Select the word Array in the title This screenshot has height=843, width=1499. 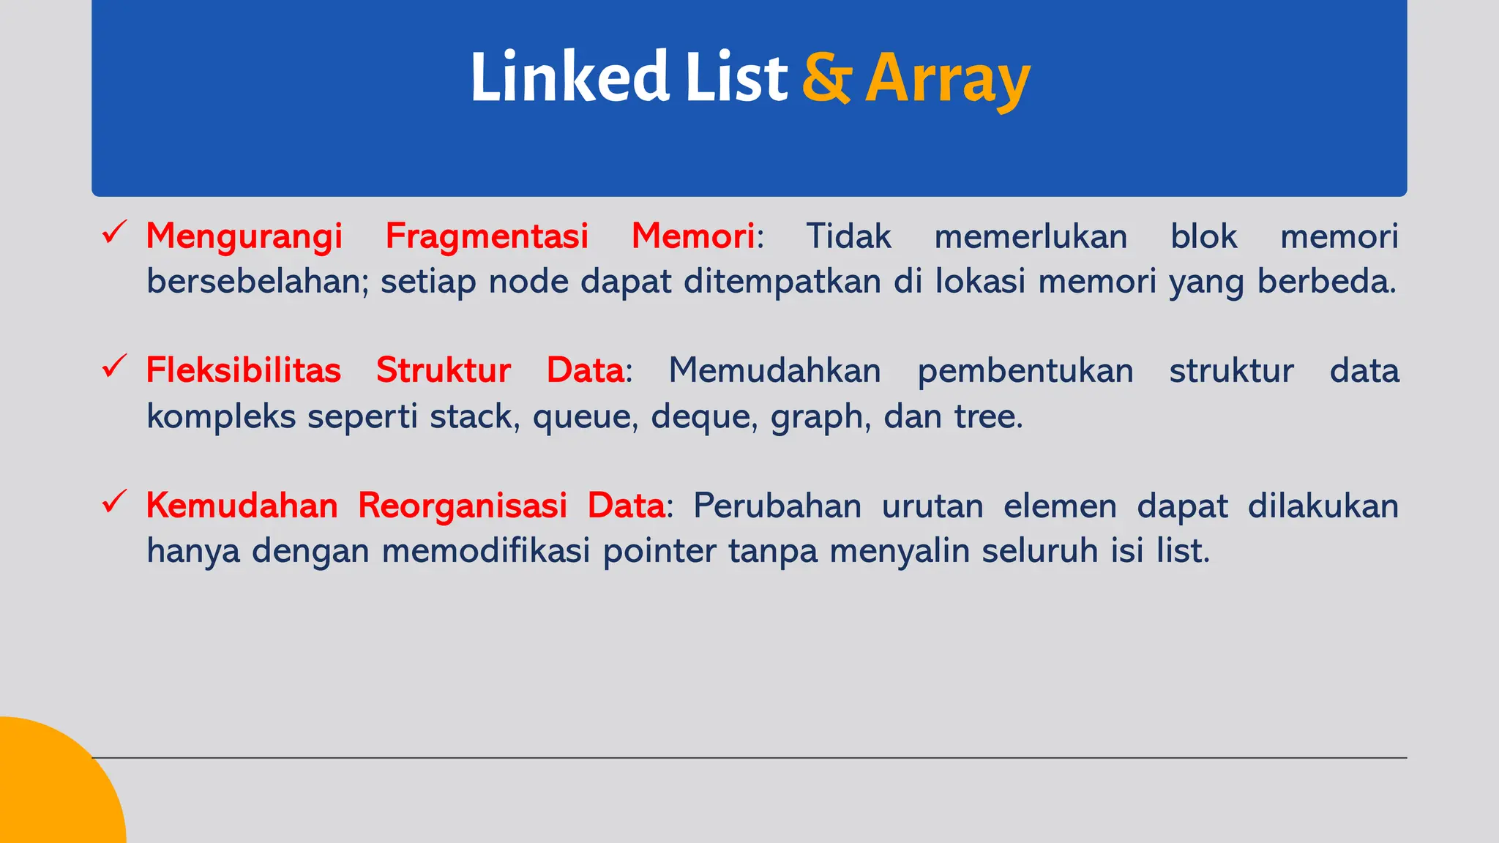click(x=947, y=79)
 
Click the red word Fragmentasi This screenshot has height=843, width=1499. click(x=487, y=237)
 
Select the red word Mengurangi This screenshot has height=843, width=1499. click(x=244, y=237)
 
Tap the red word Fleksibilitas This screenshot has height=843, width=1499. click(x=244, y=370)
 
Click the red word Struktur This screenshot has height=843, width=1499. click(x=444, y=370)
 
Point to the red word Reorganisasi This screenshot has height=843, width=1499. click(x=463, y=506)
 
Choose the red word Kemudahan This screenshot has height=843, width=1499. click(x=242, y=506)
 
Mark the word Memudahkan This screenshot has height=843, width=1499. click(x=774, y=370)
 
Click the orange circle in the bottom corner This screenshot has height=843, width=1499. click(x=51, y=790)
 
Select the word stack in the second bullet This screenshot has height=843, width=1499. click(x=474, y=416)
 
